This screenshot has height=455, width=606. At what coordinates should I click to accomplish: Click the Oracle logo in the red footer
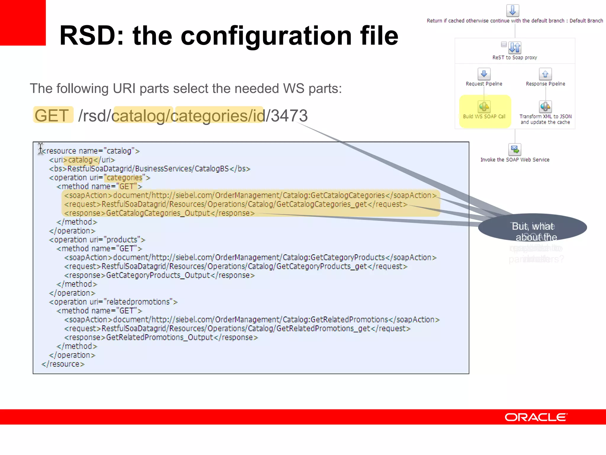(x=536, y=417)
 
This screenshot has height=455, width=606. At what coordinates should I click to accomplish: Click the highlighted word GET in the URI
(x=52, y=115)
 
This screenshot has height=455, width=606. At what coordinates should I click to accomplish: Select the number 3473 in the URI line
(x=289, y=116)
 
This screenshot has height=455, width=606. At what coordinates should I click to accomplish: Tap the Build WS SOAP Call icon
(x=484, y=107)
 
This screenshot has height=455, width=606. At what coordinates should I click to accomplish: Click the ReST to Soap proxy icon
(x=515, y=47)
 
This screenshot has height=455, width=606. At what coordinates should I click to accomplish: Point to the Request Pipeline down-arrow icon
(x=484, y=74)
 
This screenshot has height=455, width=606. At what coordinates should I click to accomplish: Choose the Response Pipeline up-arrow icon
(x=545, y=74)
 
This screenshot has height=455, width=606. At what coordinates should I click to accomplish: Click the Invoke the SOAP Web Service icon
(x=515, y=150)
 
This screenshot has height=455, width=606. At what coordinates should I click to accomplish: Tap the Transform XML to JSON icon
(x=545, y=107)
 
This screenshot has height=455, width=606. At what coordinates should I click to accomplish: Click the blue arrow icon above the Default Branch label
(x=512, y=10)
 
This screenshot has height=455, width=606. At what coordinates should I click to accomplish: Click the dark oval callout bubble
(x=533, y=227)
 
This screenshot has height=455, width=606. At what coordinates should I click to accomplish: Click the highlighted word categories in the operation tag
(x=124, y=178)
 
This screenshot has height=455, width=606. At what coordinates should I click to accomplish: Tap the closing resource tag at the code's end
(x=63, y=364)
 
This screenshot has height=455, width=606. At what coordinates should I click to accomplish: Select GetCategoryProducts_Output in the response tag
(x=158, y=275)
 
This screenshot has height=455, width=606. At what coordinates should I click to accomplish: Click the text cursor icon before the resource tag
(x=41, y=148)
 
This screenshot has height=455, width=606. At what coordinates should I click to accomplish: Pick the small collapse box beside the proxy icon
(x=504, y=44)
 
